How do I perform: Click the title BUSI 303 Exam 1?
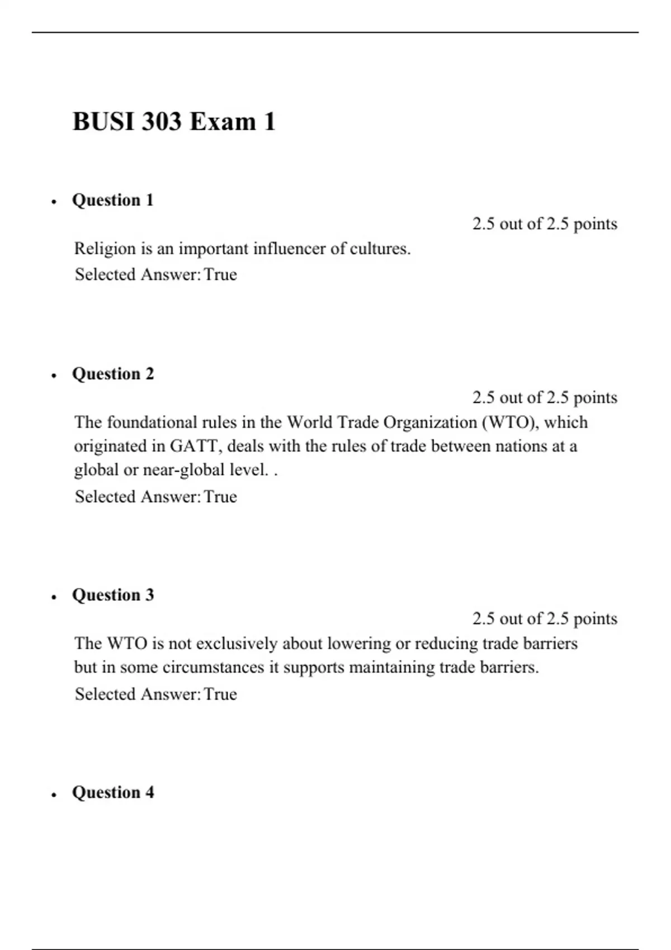(x=174, y=122)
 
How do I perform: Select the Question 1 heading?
(x=113, y=200)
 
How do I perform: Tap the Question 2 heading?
(x=113, y=374)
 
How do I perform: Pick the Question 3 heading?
(x=113, y=595)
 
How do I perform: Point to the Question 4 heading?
(x=113, y=792)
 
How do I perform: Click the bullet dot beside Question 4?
(x=54, y=795)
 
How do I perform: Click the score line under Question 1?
(x=545, y=224)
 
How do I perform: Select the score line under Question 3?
(x=545, y=619)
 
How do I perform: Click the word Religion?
(x=105, y=249)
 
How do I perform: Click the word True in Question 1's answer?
(x=220, y=274)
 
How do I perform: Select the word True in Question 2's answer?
(x=220, y=497)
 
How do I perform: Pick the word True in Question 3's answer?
(x=220, y=694)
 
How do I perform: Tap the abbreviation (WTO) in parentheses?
(x=510, y=422)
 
